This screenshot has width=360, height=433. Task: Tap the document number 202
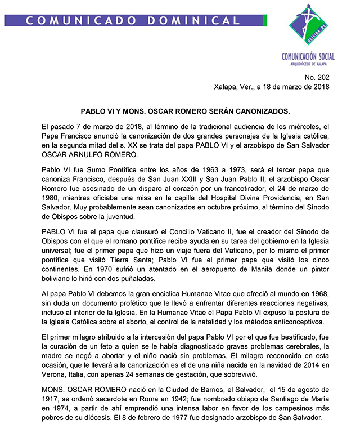point(322,77)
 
